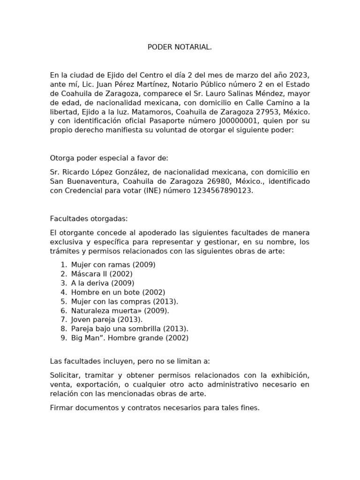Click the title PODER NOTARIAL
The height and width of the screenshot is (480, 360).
click(x=180, y=47)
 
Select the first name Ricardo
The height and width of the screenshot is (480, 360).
click(x=75, y=172)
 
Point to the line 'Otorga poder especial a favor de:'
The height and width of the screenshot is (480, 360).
click(x=109, y=157)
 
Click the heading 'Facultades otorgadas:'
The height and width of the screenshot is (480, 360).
click(x=89, y=218)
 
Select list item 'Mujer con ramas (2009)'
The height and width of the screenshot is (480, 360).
click(x=113, y=264)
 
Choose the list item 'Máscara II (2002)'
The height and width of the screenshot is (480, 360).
click(x=102, y=274)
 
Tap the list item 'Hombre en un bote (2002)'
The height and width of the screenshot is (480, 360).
click(x=118, y=292)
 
